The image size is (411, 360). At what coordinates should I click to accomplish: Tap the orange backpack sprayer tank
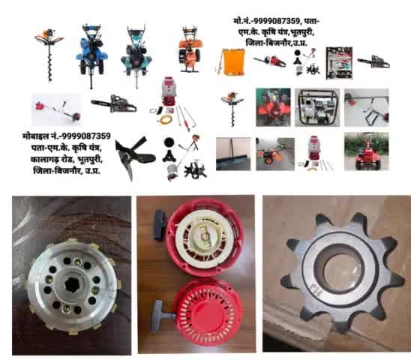point(231,62)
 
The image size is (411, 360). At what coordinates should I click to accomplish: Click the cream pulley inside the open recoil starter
point(204,236)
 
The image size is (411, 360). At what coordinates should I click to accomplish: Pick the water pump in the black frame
point(317,108)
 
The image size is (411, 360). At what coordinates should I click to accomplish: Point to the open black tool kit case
point(339,63)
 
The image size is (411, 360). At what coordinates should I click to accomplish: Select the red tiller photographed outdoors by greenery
point(367,151)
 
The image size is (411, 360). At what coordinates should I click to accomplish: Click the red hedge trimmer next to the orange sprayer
point(270,61)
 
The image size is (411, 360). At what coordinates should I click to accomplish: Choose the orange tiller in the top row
point(190,49)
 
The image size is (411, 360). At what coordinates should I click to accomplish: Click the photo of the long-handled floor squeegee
point(233,154)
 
